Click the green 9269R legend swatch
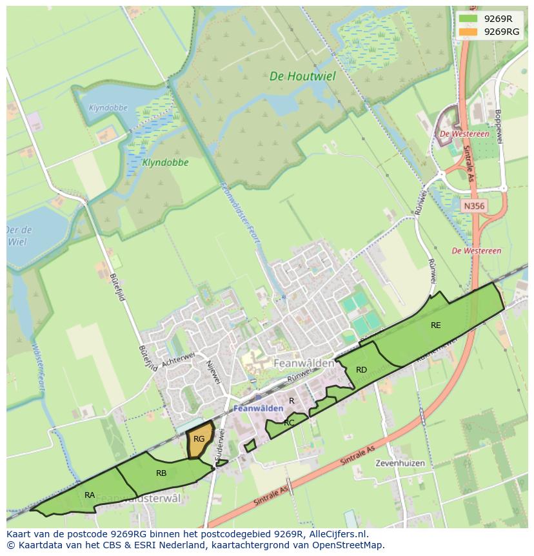tap(468, 19)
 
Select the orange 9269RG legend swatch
tap(468, 32)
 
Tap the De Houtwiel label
tap(302, 76)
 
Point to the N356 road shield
tap(474, 206)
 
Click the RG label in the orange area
tap(199, 439)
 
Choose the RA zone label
tap(90, 495)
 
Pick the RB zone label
tap(161, 473)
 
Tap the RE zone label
tap(436, 325)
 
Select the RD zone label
tap(361, 370)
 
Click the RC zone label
tap(289, 423)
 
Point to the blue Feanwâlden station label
tap(259, 409)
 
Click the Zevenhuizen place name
tap(400, 464)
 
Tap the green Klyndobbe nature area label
tap(166, 163)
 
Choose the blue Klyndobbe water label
tap(108, 108)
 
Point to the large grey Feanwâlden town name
tap(304, 364)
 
